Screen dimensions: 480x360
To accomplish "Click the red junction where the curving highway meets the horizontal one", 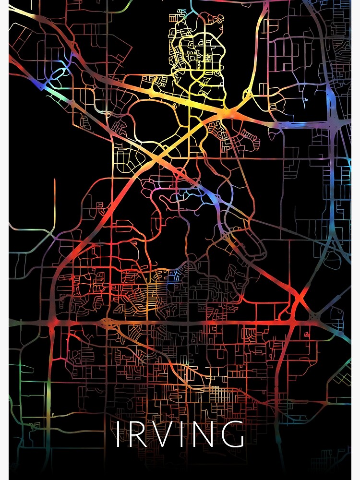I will click(53, 323).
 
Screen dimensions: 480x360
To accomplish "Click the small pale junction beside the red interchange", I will click(314, 317).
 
